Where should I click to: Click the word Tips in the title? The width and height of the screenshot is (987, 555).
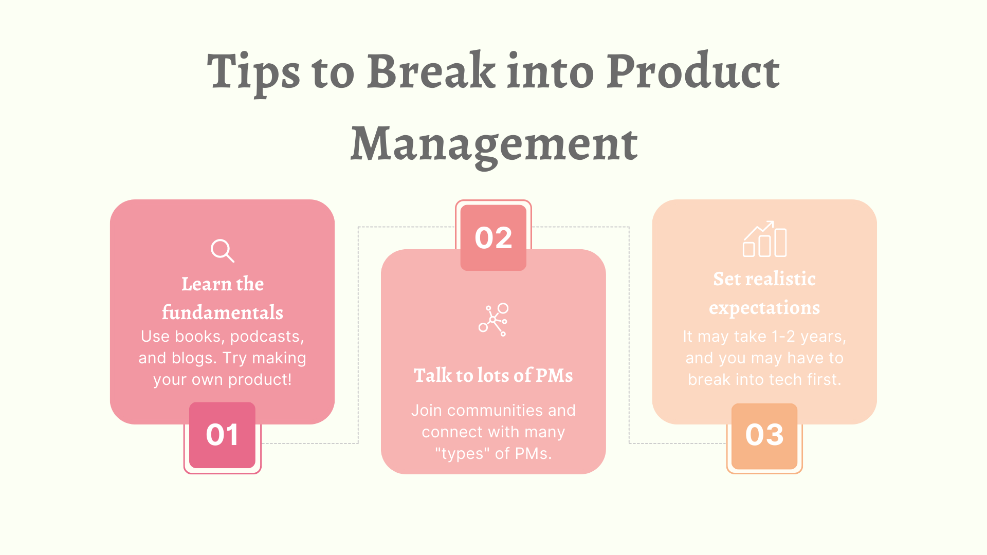pyautogui.click(x=253, y=72)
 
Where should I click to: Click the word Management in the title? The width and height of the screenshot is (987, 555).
pyautogui.click(x=494, y=144)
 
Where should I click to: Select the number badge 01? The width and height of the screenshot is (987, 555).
pyautogui.click(x=222, y=435)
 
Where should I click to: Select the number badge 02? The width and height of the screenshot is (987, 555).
pyautogui.click(x=493, y=237)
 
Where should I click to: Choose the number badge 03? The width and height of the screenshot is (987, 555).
pyautogui.click(x=764, y=435)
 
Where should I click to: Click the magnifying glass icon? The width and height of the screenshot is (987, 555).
pyautogui.click(x=222, y=251)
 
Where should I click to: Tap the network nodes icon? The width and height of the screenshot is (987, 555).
pyautogui.click(x=493, y=320)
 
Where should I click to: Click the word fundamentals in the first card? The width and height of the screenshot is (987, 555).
pyautogui.click(x=222, y=312)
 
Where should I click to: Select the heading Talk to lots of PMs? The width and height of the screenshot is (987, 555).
pyautogui.click(x=493, y=375)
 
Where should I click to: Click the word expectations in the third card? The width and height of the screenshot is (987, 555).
pyautogui.click(x=764, y=308)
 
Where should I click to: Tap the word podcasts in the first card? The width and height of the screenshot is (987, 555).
pyautogui.click(x=267, y=337)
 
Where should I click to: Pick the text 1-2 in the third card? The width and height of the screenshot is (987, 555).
pyautogui.click(x=783, y=337)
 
